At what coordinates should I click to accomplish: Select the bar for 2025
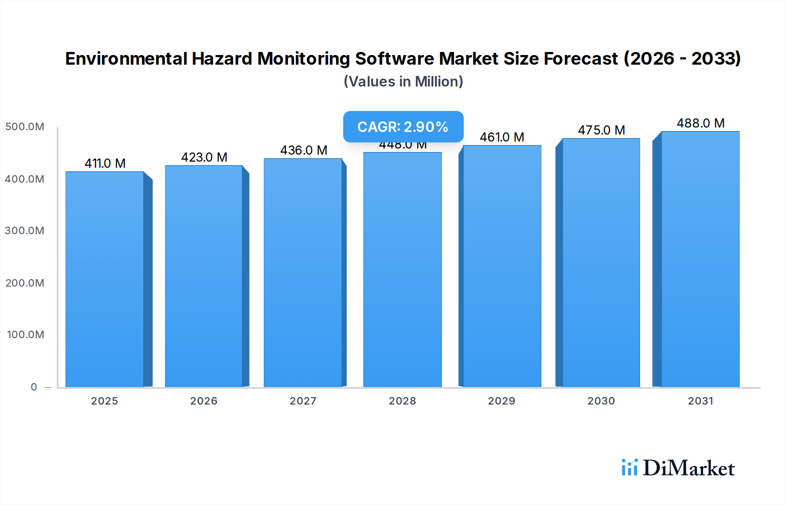pos(105,280)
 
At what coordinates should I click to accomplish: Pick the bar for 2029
pos(502,266)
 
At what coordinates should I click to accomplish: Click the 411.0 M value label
pos(105,163)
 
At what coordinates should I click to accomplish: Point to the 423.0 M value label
pos(204,157)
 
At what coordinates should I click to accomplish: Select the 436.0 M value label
pos(303,150)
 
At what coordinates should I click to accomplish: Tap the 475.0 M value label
pos(601,130)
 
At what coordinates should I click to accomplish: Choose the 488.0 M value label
pos(700,123)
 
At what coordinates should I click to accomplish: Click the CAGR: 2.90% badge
pos(403,127)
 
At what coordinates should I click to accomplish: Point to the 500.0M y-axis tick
pos(25,127)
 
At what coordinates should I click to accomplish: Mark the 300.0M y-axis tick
pos(25,231)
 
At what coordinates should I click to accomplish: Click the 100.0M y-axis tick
pos(26,335)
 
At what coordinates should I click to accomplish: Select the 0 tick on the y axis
pos(34,387)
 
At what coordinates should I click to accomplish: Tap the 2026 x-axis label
pos(203,401)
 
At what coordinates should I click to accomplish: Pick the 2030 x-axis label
pos(601,401)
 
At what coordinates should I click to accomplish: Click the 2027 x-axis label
pos(303,401)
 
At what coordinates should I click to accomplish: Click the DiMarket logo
pos(678,468)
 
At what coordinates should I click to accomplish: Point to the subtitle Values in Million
pos(403,82)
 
